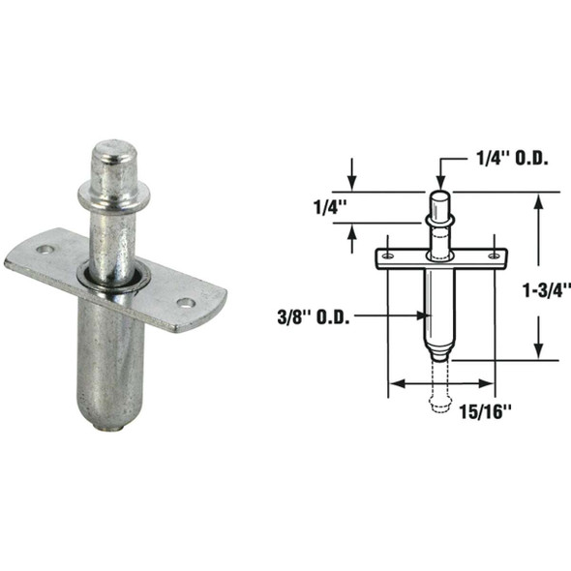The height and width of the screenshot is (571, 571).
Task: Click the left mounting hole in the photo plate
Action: click(x=43, y=250)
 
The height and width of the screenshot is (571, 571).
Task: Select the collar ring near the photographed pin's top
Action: click(x=114, y=195)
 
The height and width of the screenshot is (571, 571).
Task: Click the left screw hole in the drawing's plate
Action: click(x=386, y=255)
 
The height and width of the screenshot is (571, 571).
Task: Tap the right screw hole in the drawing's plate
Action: click(x=494, y=255)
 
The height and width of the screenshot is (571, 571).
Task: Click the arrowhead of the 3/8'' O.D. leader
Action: click(x=421, y=316)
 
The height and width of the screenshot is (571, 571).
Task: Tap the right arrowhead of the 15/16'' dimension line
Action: click(x=489, y=384)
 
